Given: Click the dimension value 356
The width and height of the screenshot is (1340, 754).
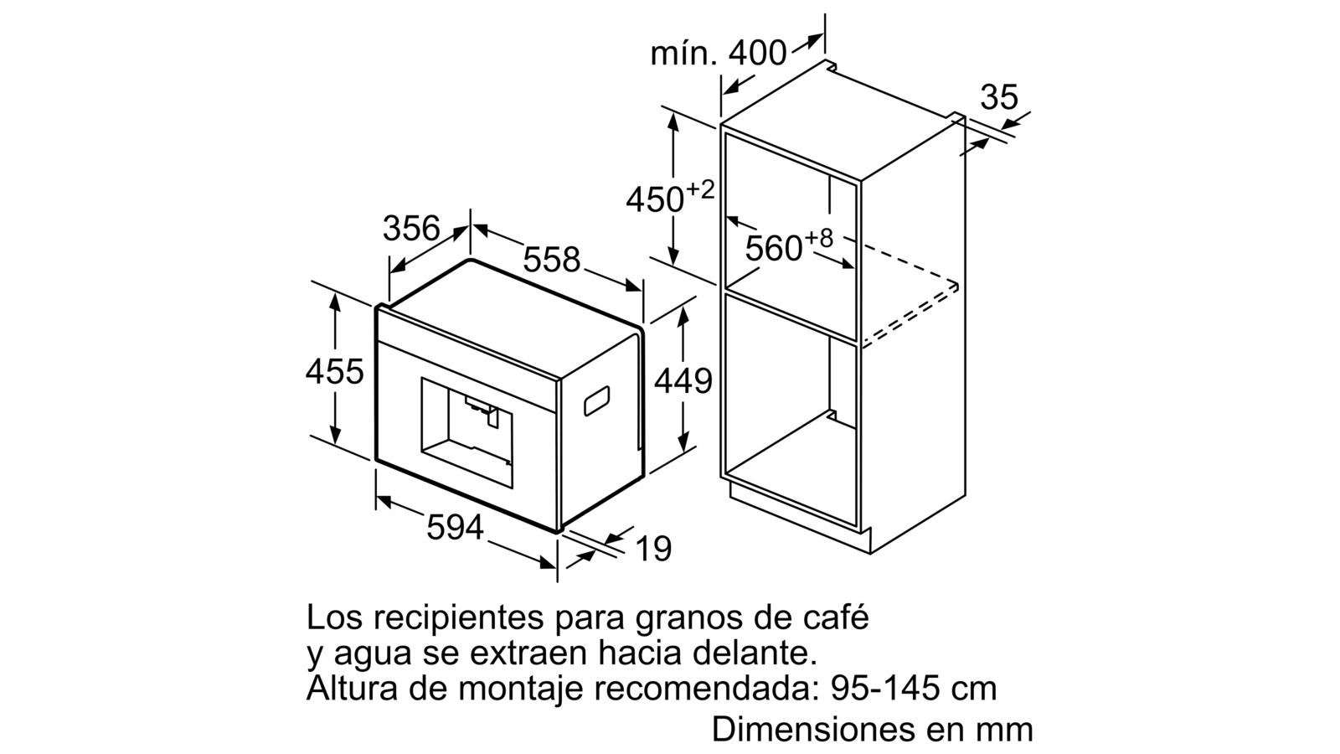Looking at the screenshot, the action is coord(411,228).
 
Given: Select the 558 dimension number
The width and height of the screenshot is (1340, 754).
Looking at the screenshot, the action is coord(552,259).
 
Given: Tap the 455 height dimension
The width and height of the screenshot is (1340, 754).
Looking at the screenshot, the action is coord(334,371).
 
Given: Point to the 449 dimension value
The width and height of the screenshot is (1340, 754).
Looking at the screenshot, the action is coord(683,380).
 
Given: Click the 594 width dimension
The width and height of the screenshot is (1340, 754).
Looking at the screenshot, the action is coord(455,528).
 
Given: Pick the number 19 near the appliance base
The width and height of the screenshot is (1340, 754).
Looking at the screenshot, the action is coord(653,549).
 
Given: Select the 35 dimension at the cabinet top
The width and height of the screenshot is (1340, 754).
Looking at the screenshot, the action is coord(999,97).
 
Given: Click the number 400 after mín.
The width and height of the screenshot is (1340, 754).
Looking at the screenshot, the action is coord(757,53).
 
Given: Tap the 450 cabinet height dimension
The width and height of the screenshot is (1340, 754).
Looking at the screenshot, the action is coord(655,199).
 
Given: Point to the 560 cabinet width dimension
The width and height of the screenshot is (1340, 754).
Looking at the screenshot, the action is coord(774,248).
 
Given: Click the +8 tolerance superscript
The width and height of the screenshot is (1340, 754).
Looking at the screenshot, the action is coord(818,238).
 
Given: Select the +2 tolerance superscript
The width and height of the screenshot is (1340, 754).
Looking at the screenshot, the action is coord(700,190).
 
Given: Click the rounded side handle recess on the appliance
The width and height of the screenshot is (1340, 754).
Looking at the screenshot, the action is coord(596,401).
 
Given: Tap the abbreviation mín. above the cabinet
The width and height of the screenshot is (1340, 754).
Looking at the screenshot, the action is coord(683,54).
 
